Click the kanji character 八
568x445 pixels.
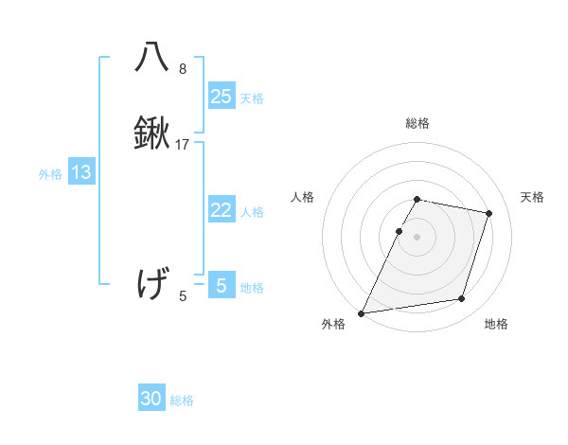click(x=151, y=58)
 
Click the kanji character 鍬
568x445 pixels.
click(x=151, y=134)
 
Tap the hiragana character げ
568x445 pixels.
click(x=151, y=283)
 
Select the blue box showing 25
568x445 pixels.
click(x=222, y=96)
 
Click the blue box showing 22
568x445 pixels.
click(x=222, y=210)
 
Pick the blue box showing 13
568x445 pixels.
click(x=81, y=172)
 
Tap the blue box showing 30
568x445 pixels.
click(x=151, y=399)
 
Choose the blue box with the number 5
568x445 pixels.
click(x=222, y=285)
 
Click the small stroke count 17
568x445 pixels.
click(x=183, y=145)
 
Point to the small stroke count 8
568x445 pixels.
click(x=183, y=69)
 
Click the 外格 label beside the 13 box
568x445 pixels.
click(x=50, y=174)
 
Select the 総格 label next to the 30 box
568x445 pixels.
click(x=182, y=400)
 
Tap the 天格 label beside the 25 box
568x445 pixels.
click(x=252, y=98)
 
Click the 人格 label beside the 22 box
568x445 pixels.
click(x=252, y=212)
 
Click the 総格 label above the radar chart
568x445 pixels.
click(x=417, y=123)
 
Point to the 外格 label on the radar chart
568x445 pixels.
click(x=333, y=325)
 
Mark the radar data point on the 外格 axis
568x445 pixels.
click(x=362, y=313)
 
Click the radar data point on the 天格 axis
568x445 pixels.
click(x=489, y=213)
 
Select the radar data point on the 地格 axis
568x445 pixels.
click(x=462, y=299)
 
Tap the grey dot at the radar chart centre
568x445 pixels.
click(x=417, y=237)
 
